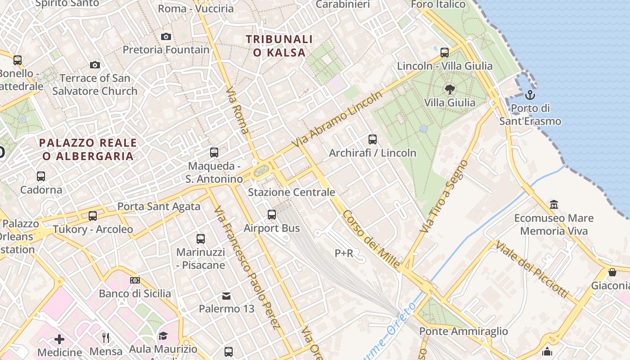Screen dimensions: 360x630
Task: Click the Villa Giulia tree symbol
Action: pyautogui.click(x=449, y=89)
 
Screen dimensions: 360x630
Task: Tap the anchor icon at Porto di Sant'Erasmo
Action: pyautogui.click(x=530, y=95)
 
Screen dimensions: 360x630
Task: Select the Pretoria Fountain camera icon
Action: pyautogui.click(x=166, y=36)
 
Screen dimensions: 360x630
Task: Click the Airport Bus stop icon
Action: pyautogui.click(x=272, y=215)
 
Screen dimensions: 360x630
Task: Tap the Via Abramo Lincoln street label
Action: pyautogui.click(x=337, y=119)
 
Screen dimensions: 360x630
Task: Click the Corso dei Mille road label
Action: pyautogui.click(x=371, y=240)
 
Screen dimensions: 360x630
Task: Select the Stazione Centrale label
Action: pyautogui.click(x=292, y=193)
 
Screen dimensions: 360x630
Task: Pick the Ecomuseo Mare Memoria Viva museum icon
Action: pyautogui.click(x=554, y=205)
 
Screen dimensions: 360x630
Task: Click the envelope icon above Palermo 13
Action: pyautogui.click(x=226, y=296)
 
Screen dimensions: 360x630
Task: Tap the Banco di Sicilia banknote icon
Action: pyautogui.click(x=135, y=280)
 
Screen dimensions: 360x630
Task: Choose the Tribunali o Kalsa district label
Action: pyautogui.click(x=279, y=46)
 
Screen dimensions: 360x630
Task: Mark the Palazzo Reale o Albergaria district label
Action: pyautogui.click(x=88, y=149)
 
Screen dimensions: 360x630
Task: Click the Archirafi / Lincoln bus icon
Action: pyautogui.click(x=373, y=139)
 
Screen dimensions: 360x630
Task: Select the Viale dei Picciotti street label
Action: pyautogui.click(x=531, y=269)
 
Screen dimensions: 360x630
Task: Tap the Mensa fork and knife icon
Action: pyautogui.click(x=106, y=337)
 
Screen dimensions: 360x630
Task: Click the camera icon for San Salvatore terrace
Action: pyautogui.click(x=94, y=65)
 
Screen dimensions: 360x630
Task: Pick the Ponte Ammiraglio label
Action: pyautogui.click(x=463, y=332)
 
